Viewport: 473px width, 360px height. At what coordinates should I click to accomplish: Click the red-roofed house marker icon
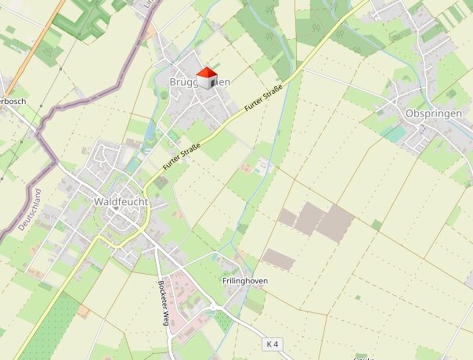coord(206,78)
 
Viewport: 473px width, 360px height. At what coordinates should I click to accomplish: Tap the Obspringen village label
coord(434,113)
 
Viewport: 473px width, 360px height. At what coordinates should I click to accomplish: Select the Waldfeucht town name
coord(121,201)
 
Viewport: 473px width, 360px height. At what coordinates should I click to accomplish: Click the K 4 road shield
coord(272,344)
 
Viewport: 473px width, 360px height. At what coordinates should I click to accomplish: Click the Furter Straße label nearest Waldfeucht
coord(182,156)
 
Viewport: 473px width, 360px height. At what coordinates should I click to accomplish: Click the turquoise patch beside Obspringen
coord(395,134)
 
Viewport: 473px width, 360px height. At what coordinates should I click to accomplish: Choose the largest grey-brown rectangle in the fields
coord(334,222)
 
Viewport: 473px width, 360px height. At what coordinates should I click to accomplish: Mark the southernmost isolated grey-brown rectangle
coord(279,259)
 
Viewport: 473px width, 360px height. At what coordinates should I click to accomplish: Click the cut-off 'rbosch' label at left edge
coord(14,102)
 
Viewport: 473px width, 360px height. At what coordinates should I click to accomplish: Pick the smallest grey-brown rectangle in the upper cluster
coord(287,217)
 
